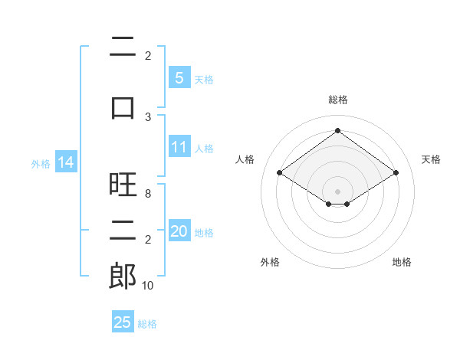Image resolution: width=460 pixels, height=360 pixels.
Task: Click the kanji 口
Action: pyautogui.click(x=123, y=108)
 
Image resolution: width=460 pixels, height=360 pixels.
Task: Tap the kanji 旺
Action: pyautogui.click(x=123, y=184)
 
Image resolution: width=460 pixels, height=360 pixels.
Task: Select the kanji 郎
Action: pyautogui.click(x=123, y=276)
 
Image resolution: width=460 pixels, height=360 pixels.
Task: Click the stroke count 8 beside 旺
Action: pyautogui.click(x=148, y=194)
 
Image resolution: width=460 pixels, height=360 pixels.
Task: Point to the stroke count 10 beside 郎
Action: pyautogui.click(x=147, y=286)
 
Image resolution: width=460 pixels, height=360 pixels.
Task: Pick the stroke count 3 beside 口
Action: pyautogui.click(x=148, y=117)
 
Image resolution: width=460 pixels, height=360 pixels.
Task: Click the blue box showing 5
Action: pyautogui.click(x=179, y=77)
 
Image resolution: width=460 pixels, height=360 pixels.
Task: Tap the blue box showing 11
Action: pyautogui.click(x=179, y=146)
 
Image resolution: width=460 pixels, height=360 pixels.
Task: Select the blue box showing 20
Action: pyautogui.click(x=179, y=230)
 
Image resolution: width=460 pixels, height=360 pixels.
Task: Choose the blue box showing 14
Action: pyautogui.click(x=66, y=162)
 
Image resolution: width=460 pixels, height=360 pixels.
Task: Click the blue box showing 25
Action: pyautogui.click(x=123, y=321)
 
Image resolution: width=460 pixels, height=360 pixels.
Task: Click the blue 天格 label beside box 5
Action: pyautogui.click(x=204, y=80)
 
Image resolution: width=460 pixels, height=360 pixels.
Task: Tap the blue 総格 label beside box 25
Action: pyautogui.click(x=147, y=324)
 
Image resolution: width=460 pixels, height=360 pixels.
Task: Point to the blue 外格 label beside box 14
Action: pyautogui.click(x=41, y=164)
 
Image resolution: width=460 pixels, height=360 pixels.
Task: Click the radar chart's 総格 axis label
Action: pyautogui.click(x=338, y=100)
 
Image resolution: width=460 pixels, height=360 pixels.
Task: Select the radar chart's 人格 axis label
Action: pyautogui.click(x=245, y=159)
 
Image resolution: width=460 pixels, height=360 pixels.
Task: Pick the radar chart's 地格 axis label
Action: pyautogui.click(x=402, y=262)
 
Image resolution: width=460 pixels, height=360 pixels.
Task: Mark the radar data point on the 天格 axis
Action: pyautogui.click(x=396, y=172)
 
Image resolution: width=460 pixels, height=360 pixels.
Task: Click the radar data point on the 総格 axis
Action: pyautogui.click(x=337, y=130)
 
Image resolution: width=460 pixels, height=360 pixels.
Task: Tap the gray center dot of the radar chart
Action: pyautogui.click(x=337, y=191)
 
